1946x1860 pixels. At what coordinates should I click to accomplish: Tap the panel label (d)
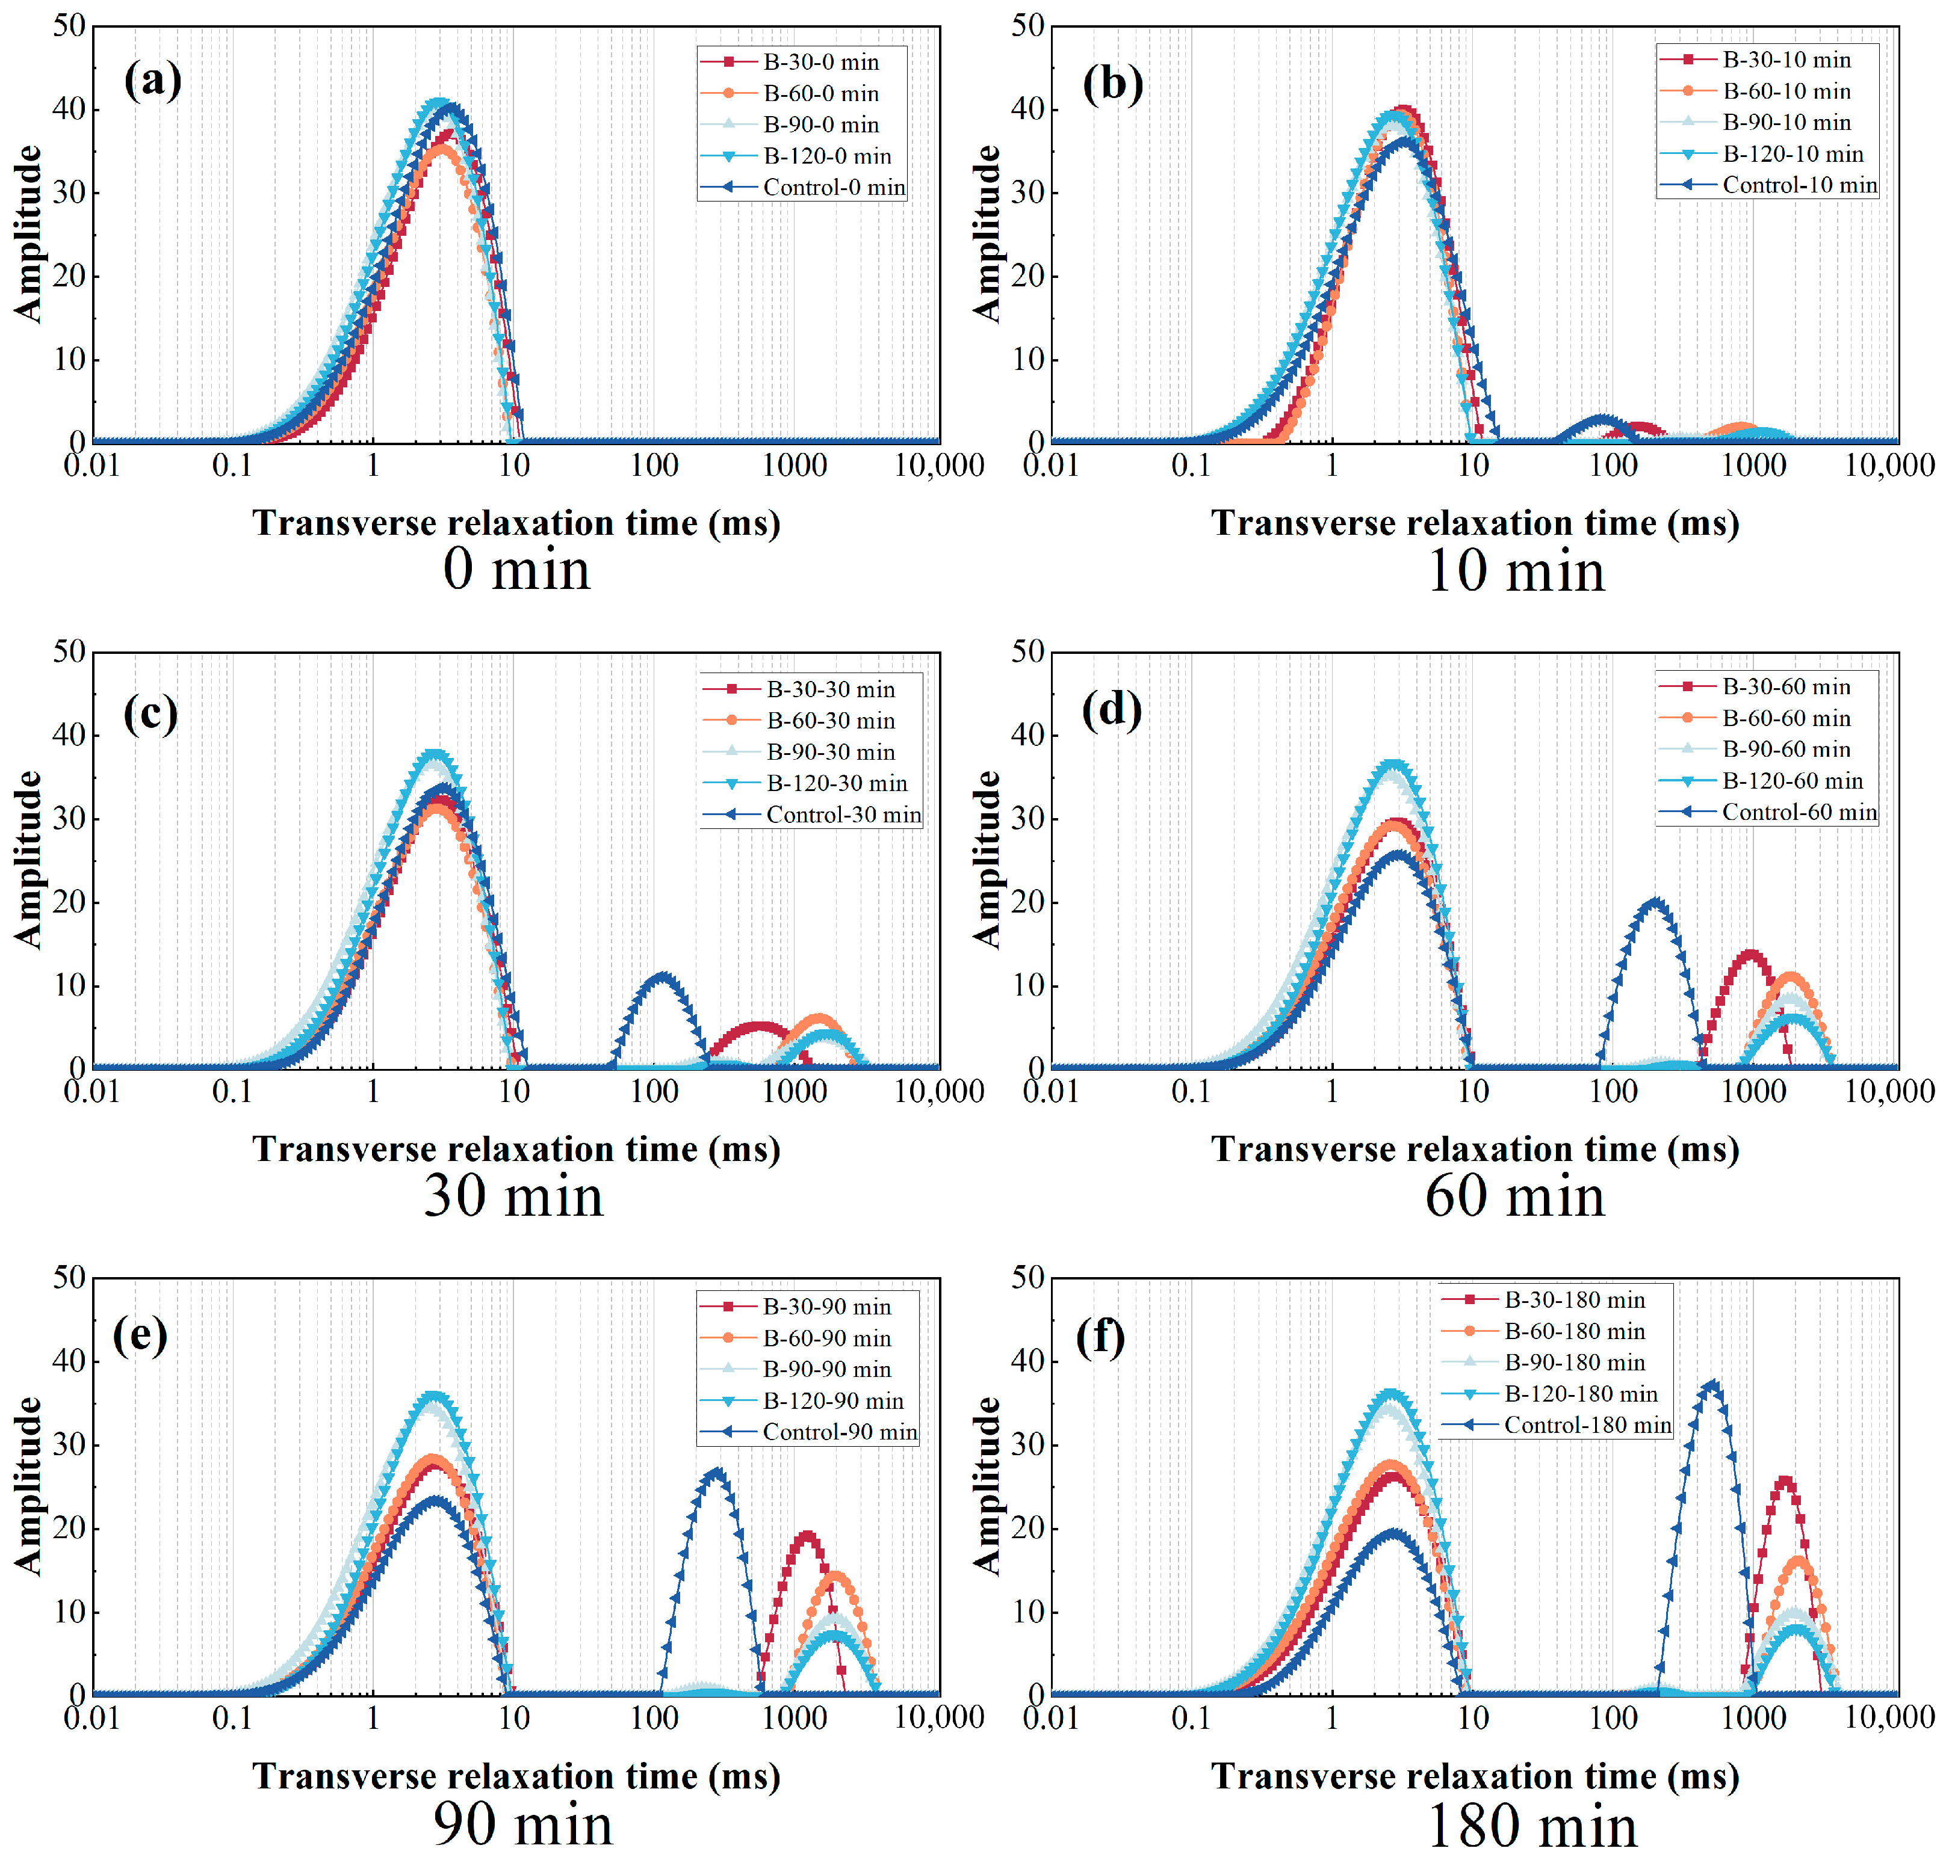point(1112,710)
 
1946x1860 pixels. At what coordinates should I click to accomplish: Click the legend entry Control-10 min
point(1798,185)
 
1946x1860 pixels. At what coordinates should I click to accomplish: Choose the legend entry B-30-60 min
point(1785,687)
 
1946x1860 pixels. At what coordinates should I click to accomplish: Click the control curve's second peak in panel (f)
point(1711,1384)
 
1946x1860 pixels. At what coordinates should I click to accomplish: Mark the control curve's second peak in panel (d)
point(1653,901)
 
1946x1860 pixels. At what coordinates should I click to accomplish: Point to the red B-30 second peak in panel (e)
point(807,1537)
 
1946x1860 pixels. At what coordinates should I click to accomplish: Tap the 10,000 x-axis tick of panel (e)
point(938,1718)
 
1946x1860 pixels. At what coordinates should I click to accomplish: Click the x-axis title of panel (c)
point(516,1149)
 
